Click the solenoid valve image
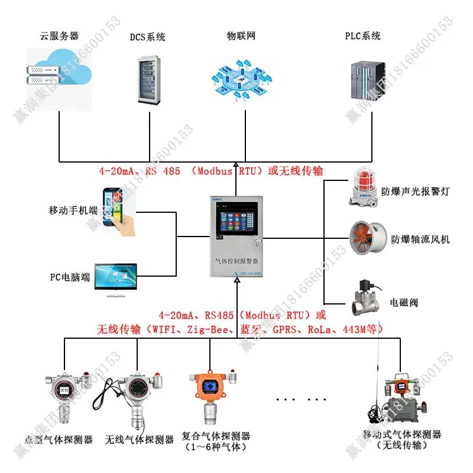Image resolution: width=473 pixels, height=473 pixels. tap(365, 299)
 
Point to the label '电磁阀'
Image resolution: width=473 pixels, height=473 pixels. tap(404, 302)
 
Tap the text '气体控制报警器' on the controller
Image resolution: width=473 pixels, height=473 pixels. tap(237, 260)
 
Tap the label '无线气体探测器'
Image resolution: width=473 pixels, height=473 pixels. tap(140, 440)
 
